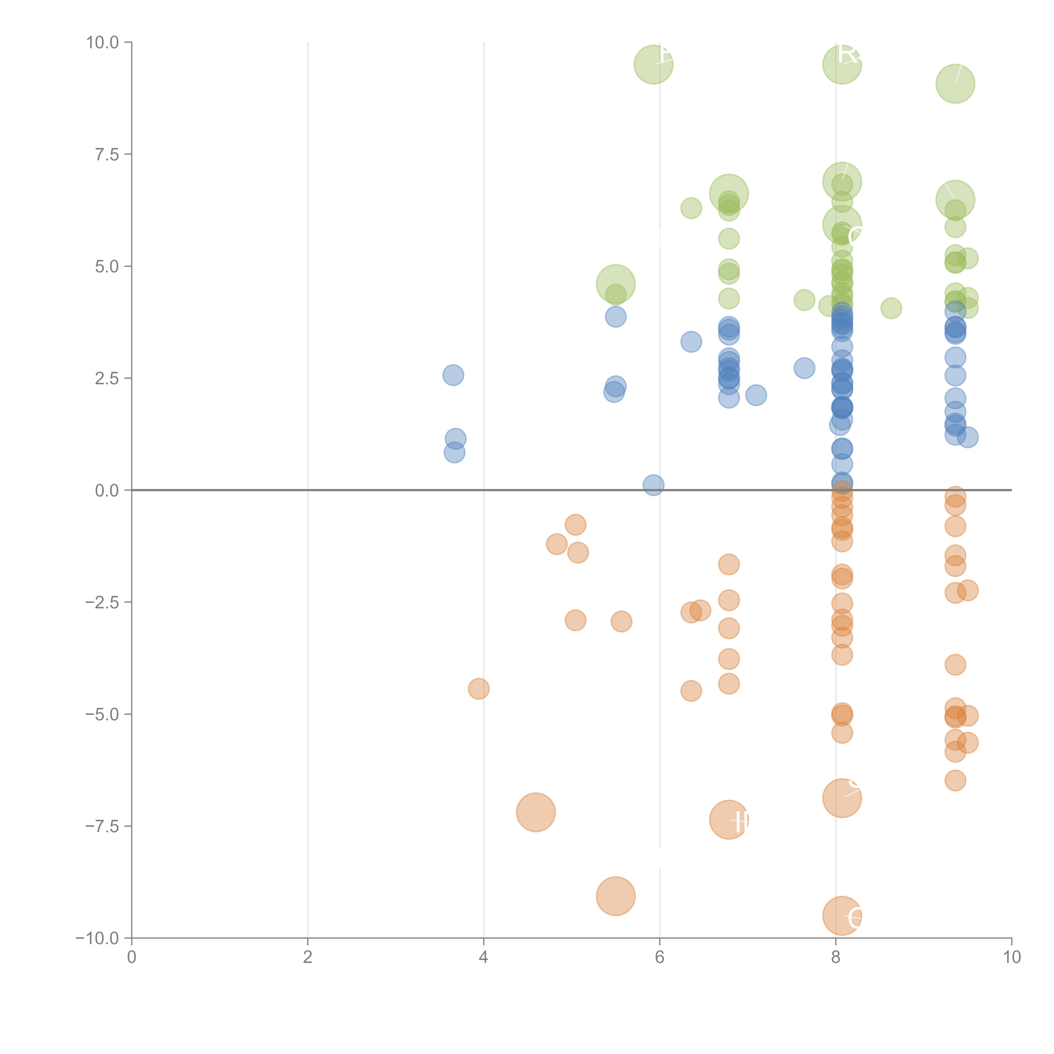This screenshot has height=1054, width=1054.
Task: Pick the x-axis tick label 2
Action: click(308, 957)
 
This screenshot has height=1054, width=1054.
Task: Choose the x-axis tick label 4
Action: click(483, 957)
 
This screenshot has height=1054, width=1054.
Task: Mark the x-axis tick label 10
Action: click(1011, 957)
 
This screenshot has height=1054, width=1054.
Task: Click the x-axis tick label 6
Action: click(660, 957)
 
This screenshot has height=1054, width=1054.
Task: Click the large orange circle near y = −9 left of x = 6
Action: click(615, 896)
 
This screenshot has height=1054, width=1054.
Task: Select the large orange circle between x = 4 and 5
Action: click(536, 812)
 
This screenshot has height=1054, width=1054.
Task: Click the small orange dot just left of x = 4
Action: click(479, 688)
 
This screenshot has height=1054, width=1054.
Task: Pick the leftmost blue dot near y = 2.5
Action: click(453, 375)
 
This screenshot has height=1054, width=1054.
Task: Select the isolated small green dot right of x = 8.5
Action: click(891, 308)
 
